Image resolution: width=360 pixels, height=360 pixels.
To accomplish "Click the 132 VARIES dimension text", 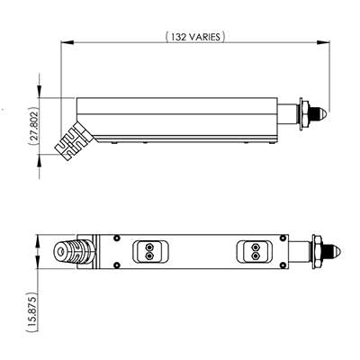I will click(x=195, y=36).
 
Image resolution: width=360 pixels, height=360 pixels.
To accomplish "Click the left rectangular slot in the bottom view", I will click(x=146, y=251).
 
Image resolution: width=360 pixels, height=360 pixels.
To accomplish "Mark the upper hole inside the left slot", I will click(x=146, y=247).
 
